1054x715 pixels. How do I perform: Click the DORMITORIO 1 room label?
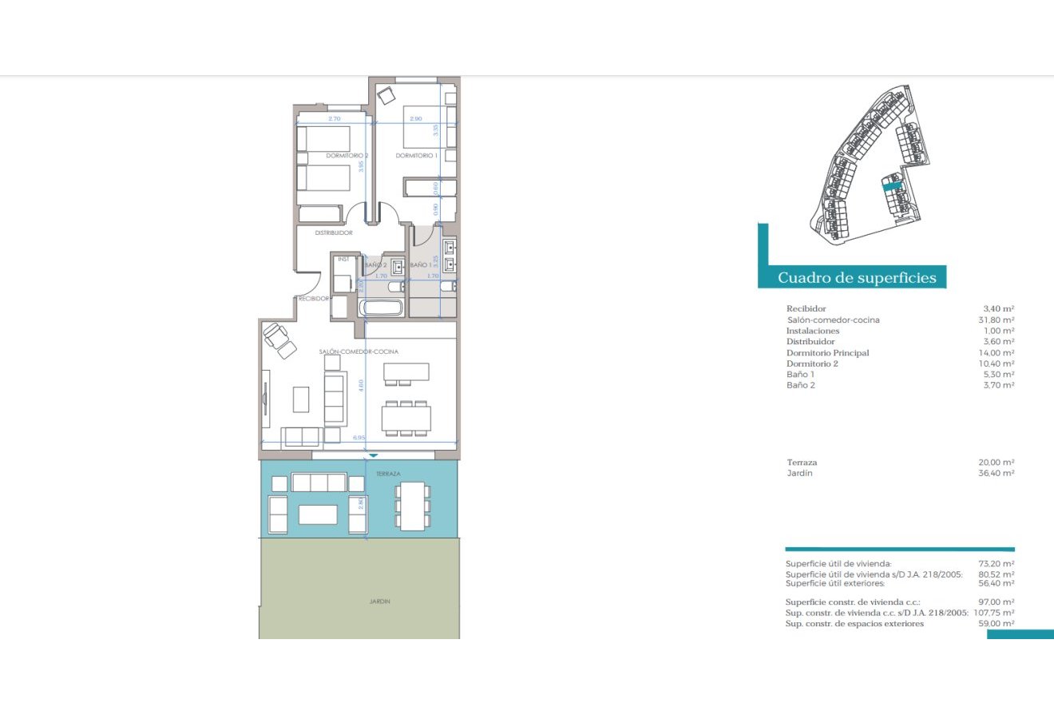[x=416, y=156]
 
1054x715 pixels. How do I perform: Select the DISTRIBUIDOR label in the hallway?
[x=333, y=233]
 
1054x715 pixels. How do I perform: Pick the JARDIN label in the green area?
[x=380, y=602]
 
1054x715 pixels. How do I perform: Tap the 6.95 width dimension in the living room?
[x=359, y=438]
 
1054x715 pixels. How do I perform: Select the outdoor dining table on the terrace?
[x=413, y=506]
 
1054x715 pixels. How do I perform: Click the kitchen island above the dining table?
[x=406, y=372]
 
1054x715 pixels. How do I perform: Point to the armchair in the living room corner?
[x=279, y=337]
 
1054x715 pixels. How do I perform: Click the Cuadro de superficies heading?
[x=851, y=278]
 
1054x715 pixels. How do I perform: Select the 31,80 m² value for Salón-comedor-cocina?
[x=999, y=320]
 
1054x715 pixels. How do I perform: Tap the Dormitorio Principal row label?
[x=827, y=352]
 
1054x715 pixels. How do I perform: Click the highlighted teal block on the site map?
[x=891, y=185]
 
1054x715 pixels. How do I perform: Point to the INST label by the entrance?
[x=343, y=259]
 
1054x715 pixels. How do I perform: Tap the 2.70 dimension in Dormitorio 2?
[x=335, y=119]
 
